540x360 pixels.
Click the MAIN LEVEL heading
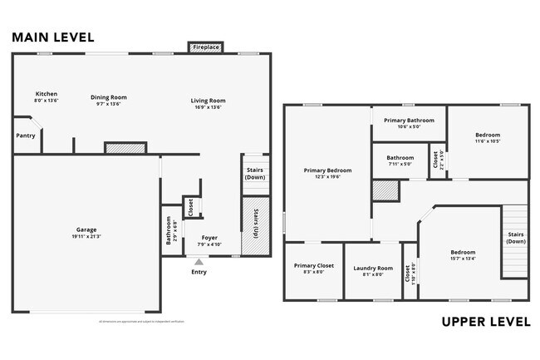(52, 37)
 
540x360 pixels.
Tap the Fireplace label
(206, 48)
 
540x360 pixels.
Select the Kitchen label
(46, 93)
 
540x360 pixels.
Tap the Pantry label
(26, 136)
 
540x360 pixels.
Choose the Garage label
(87, 229)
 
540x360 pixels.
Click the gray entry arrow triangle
(198, 261)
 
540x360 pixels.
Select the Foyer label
(209, 237)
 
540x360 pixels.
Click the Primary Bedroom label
(327, 170)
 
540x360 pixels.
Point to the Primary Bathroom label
(409, 121)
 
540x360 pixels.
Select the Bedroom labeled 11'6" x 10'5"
(488, 135)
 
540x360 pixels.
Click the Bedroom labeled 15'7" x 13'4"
(463, 252)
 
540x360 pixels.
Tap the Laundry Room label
(372, 268)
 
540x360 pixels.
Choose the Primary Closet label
(313, 266)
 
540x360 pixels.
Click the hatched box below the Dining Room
(125, 148)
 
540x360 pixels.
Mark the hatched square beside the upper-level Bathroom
(385, 190)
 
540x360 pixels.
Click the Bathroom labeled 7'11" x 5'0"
(400, 157)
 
